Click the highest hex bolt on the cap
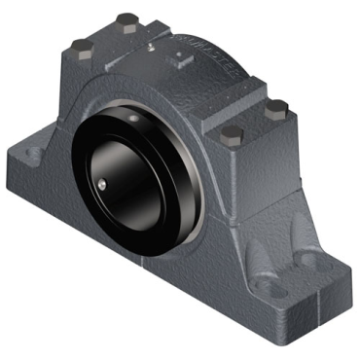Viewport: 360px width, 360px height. pos(125,18)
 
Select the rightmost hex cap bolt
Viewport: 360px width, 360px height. pos(276,106)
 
